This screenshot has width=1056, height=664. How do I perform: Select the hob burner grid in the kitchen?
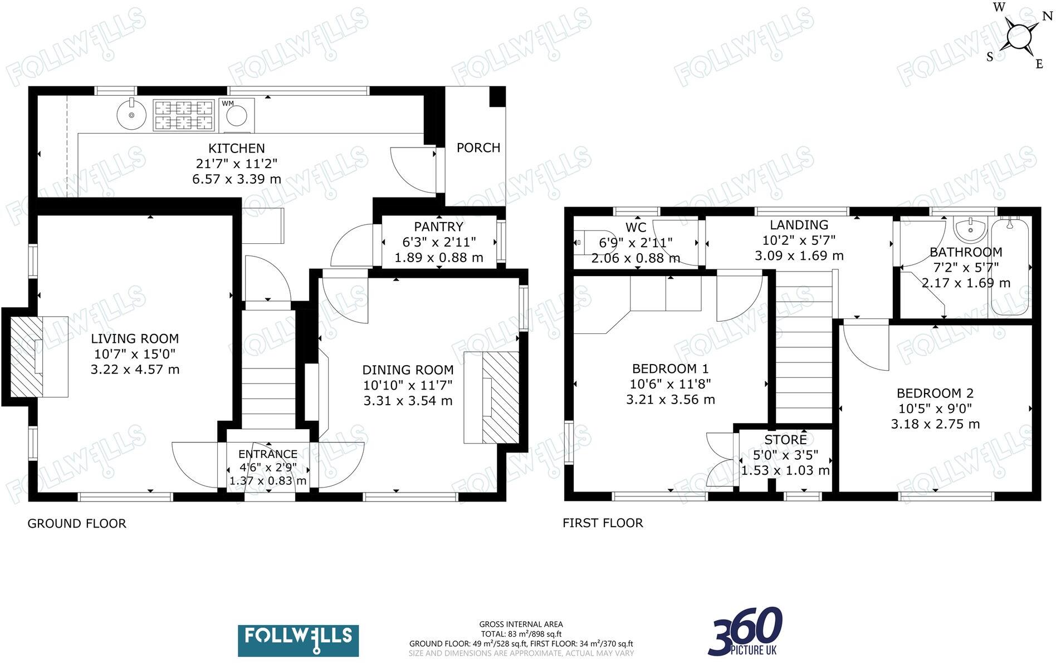184,115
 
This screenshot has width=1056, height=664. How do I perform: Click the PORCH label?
478,147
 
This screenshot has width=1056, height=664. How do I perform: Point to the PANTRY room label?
438,227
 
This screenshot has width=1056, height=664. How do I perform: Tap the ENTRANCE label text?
267,454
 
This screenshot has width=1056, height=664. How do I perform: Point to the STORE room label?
785,440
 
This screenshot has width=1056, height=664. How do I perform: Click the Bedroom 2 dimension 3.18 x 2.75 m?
935,424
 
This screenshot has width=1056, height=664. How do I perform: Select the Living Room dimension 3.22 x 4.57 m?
135,370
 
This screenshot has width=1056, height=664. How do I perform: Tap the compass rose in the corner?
1019,37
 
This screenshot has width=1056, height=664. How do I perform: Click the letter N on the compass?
1047,16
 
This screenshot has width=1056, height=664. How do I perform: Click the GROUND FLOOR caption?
77,523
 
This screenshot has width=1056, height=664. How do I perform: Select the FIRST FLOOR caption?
603,523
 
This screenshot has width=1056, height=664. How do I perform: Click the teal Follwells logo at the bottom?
298,641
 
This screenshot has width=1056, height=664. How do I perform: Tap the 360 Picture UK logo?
746,632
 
